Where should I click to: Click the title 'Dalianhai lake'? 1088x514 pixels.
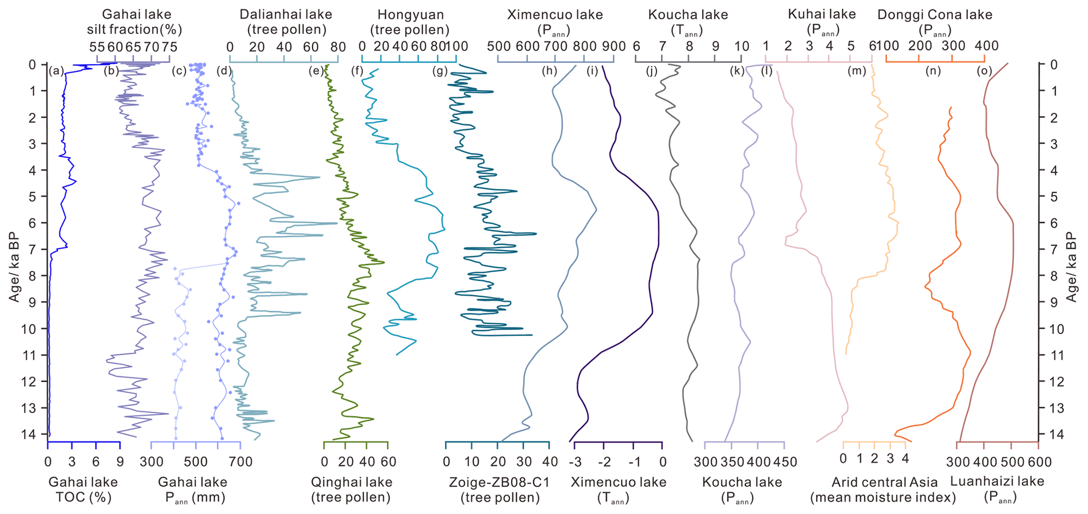coord(286,15)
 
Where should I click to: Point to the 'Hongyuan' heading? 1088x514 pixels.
coord(407,15)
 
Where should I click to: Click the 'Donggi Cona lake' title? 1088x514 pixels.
coord(935,15)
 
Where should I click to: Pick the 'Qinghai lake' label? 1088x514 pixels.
coord(352,482)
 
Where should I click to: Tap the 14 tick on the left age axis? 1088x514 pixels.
coord(33,434)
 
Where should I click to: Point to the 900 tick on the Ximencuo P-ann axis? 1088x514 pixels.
coord(613,46)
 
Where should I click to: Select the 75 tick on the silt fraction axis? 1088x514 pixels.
coord(169,46)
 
